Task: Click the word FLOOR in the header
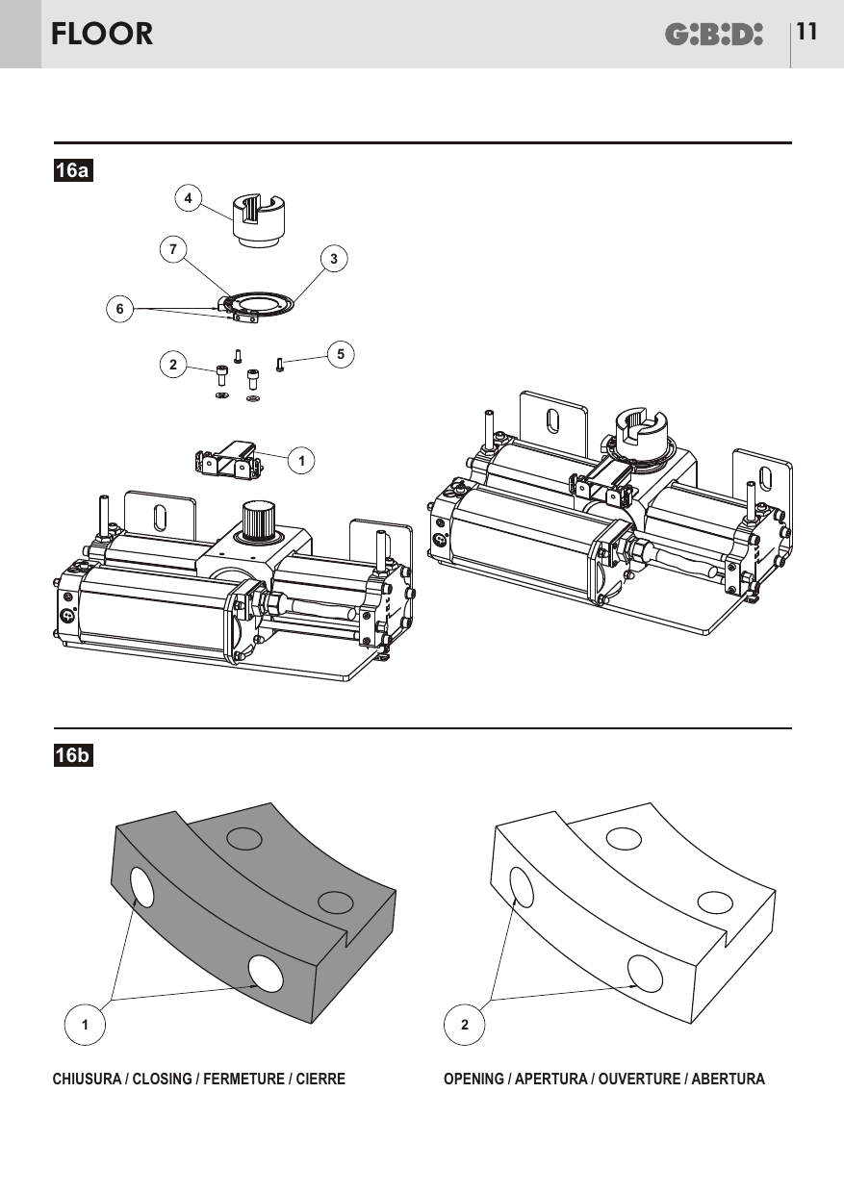102,34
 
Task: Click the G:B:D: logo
713,34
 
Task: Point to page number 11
806,32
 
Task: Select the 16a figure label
73,170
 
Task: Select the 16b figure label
73,755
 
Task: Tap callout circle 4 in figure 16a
189,198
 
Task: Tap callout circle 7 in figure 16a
173,249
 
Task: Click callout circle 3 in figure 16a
334,259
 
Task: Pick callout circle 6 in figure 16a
120,309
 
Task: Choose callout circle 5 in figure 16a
341,354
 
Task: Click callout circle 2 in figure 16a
173,365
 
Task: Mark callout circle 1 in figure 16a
301,460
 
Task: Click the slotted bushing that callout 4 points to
259,220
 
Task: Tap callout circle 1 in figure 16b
85,1024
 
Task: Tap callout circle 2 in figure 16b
465,1024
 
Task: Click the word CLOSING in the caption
162,1079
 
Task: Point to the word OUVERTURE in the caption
639,1079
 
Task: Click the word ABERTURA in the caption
729,1079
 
